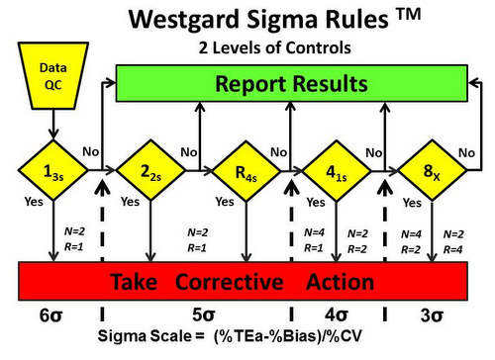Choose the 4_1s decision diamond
[337, 175]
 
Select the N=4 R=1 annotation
[315, 241]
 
